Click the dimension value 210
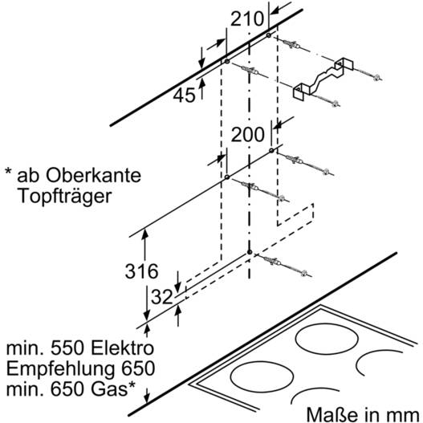pyautogui.click(x=247, y=19)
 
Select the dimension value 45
pyautogui.click(x=184, y=96)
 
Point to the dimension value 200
pyautogui.click(x=248, y=134)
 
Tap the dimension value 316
pyautogui.click(x=141, y=271)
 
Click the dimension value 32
pyautogui.click(x=162, y=297)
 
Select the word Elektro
pyautogui.click(x=122, y=348)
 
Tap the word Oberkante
pyautogui.click(x=93, y=175)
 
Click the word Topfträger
pyautogui.click(x=64, y=197)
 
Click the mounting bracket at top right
pyautogui.click(x=323, y=79)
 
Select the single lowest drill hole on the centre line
pyautogui.click(x=250, y=252)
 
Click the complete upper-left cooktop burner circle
pyautogui.click(x=327, y=339)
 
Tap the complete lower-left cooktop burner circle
pyautogui.click(x=262, y=376)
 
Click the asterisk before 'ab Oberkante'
pyautogui.click(x=9, y=172)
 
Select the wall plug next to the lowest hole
pyautogui.click(x=272, y=261)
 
